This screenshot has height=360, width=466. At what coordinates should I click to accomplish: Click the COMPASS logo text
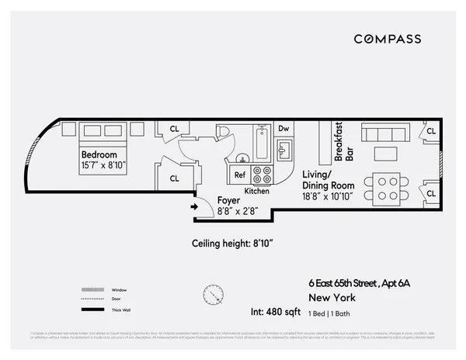point(388,39)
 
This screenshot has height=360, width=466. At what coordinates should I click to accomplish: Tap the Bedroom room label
point(99,154)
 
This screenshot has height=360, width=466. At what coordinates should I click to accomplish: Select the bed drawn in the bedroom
point(102,132)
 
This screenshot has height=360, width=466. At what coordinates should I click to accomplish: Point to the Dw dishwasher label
point(283,129)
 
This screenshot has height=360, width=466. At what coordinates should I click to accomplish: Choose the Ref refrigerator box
point(240,175)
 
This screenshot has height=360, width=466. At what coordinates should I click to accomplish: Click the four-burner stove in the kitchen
point(263,175)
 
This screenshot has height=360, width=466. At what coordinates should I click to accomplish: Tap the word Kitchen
point(257,191)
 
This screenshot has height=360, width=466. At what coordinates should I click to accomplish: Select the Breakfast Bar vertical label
point(343,142)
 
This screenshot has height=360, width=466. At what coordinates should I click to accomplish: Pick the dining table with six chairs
point(386,185)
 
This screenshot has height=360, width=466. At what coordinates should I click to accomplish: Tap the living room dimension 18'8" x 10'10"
point(329,197)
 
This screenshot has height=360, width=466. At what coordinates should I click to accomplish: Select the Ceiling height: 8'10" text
point(233,243)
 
